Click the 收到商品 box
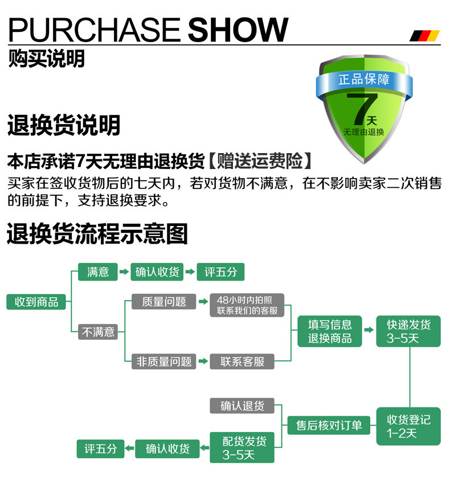click(x=36, y=302)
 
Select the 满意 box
click(x=98, y=272)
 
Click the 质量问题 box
click(x=164, y=302)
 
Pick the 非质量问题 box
click(x=164, y=361)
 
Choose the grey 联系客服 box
click(x=243, y=361)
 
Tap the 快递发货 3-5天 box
click(x=408, y=331)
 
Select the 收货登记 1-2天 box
click(x=408, y=427)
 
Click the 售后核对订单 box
click(x=329, y=425)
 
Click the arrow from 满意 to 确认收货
click(x=123, y=272)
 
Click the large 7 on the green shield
click(x=363, y=108)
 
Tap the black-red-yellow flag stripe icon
click(x=425, y=36)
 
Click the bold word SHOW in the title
click(x=238, y=30)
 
